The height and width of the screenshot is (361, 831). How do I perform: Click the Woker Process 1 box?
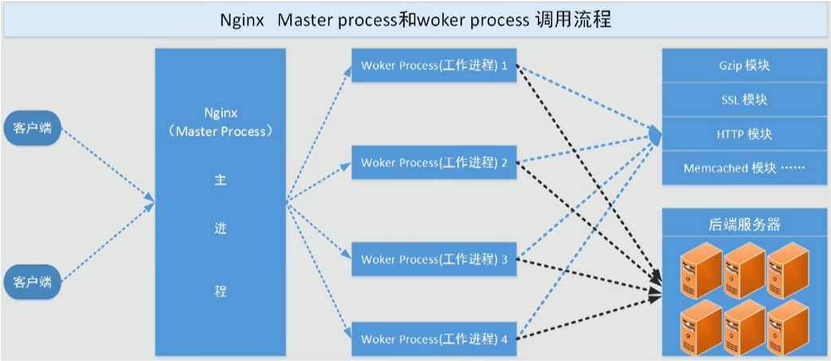[434, 65]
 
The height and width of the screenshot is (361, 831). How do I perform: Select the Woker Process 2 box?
[434, 163]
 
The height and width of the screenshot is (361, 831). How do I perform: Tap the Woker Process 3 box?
[434, 259]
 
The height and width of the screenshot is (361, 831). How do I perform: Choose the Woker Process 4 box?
[434, 339]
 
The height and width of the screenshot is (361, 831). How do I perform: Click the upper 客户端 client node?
[33, 128]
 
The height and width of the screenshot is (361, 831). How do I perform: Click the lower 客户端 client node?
[33, 281]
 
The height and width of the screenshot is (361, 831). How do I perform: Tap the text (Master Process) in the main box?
[221, 131]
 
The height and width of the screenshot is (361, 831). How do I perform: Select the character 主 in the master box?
[221, 180]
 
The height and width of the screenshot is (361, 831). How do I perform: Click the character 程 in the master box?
[221, 291]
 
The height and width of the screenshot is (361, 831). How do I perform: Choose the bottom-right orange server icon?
[787, 327]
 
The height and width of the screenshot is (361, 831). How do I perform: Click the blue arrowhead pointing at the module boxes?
[656, 136]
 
